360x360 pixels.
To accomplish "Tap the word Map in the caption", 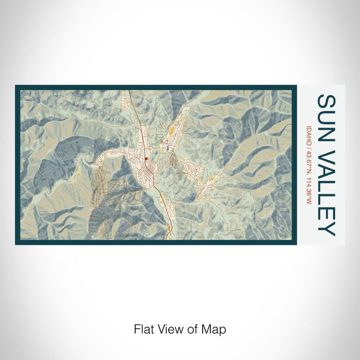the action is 215,329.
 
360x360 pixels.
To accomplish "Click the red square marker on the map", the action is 146,159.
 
